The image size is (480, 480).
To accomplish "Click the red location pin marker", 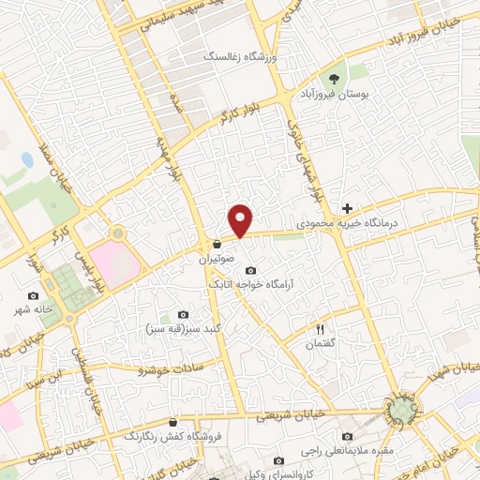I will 242,219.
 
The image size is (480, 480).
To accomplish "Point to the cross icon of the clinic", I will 348,208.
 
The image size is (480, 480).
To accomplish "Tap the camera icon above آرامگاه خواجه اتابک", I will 250,270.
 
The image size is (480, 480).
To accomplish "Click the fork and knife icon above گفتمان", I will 320,329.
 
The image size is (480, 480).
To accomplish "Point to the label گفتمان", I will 320,345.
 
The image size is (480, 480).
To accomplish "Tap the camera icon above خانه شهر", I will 34,295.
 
